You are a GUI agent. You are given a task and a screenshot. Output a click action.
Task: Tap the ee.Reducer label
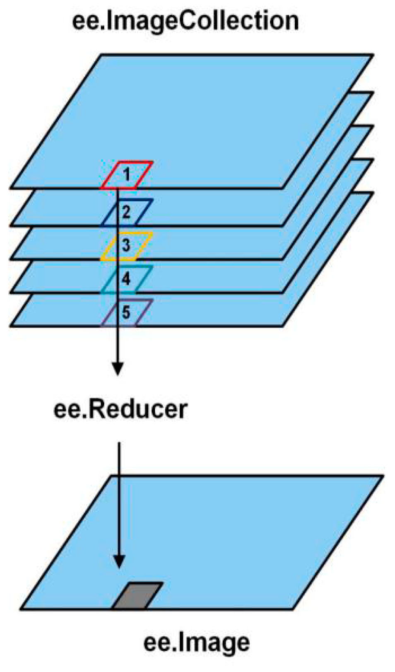[x=120, y=409]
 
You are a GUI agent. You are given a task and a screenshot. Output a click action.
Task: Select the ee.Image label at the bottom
[x=196, y=642]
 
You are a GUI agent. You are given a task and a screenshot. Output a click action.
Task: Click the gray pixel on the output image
[x=138, y=596]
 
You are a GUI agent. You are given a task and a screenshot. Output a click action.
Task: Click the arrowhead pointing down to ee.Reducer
[x=118, y=368]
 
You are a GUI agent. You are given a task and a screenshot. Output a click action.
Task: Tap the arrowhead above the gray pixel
[x=119, y=561]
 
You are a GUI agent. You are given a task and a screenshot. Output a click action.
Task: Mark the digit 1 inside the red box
[x=127, y=174]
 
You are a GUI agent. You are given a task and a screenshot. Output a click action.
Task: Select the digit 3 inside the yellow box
[x=126, y=245]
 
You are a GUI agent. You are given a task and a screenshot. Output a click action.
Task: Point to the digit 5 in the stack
[x=126, y=312]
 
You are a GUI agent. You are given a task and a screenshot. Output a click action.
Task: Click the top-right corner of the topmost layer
[x=372, y=55]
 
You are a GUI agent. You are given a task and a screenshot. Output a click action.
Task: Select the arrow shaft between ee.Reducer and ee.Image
[x=119, y=497]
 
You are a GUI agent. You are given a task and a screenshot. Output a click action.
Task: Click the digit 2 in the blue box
[x=126, y=212]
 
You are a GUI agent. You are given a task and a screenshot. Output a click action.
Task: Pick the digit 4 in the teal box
[x=126, y=279]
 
